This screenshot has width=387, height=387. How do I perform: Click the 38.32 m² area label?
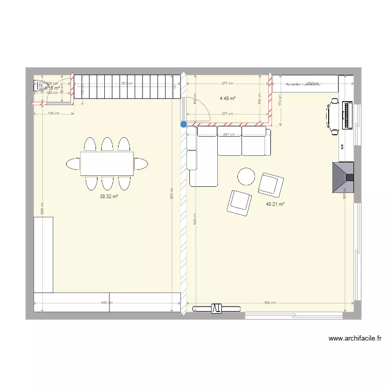click(109, 197)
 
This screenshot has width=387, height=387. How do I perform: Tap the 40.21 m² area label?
click(276, 204)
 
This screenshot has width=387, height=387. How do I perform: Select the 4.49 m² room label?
click(227, 99)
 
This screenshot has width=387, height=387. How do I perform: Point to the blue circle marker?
click(184, 124)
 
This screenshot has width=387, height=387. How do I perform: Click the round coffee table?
click(246, 176)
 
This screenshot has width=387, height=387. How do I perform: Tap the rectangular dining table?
click(107, 164)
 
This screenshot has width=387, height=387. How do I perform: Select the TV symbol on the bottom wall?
click(216, 309)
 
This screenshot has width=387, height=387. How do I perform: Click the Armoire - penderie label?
click(301, 84)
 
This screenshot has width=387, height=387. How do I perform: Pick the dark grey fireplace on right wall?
click(343, 178)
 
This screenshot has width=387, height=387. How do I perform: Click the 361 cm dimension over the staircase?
click(127, 83)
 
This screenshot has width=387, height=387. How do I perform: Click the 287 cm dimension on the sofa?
click(229, 135)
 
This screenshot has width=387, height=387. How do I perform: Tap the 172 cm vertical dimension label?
click(280, 103)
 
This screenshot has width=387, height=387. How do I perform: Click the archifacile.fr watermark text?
click(355, 339)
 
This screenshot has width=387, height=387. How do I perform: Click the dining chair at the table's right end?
click(141, 164)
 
